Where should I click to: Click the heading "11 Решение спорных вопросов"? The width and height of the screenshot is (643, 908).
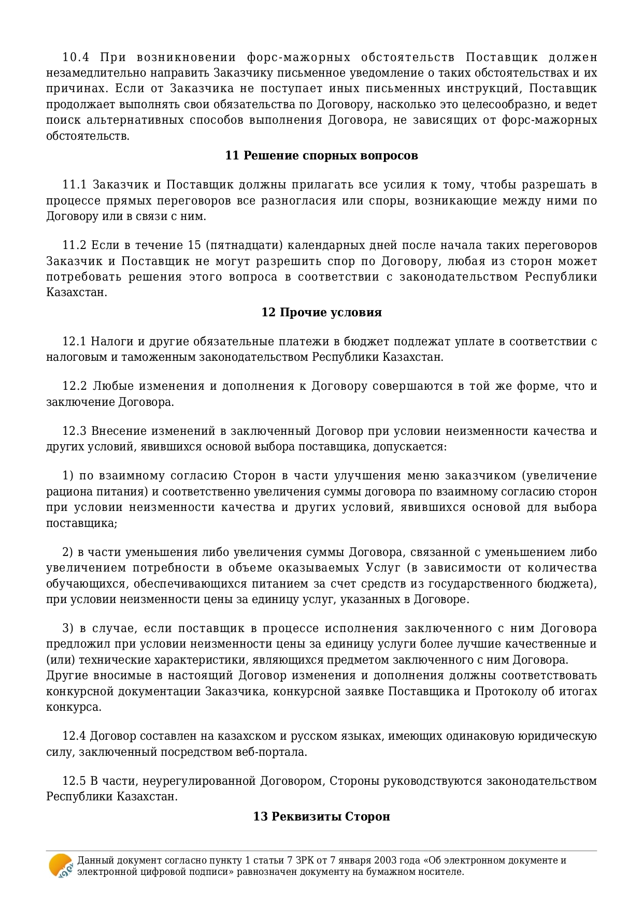(321, 155)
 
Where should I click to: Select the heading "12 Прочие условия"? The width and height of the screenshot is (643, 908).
(321, 312)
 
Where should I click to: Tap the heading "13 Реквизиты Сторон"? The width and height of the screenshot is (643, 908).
(321, 816)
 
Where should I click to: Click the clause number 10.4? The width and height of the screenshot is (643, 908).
(76, 57)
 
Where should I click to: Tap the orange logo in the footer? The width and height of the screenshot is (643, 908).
(61, 866)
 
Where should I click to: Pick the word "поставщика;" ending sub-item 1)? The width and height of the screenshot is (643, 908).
(81, 523)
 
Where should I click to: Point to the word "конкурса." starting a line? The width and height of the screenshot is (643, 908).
(74, 707)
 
